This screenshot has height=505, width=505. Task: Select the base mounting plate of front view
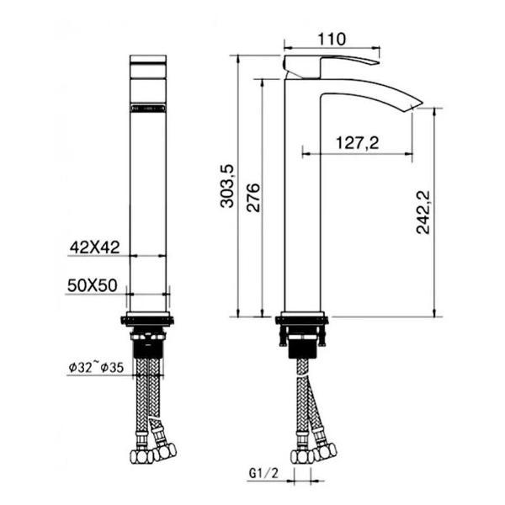pos(149,320)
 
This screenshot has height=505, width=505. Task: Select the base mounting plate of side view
pos(302,320)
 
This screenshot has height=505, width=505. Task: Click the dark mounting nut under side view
pos(302,344)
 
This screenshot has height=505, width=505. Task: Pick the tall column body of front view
pos(149,210)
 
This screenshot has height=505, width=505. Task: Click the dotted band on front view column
pos(149,108)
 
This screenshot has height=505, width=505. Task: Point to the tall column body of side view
pos(302,210)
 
